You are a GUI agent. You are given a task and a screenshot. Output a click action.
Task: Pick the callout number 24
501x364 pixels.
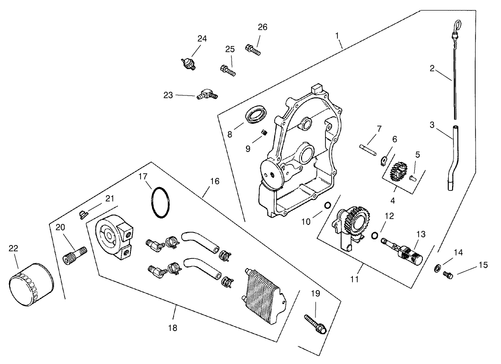(202, 39)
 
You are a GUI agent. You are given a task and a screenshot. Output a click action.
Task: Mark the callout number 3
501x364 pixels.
(432, 125)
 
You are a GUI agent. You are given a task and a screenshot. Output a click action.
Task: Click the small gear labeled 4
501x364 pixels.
(397, 171)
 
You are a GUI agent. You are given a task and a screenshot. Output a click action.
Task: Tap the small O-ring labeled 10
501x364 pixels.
(327, 206)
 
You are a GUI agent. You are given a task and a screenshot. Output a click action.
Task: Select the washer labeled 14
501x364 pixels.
(438, 267)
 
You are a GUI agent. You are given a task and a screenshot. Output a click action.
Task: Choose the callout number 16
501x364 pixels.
(214, 182)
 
